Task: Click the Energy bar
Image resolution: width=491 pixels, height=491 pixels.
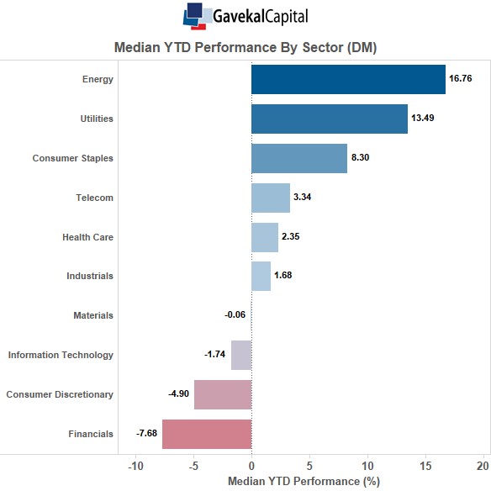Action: (x=349, y=80)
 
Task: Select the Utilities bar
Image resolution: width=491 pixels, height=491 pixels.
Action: (x=330, y=119)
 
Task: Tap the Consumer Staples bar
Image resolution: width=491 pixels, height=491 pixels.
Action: (x=299, y=158)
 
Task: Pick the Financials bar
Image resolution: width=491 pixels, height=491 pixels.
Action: (x=207, y=434)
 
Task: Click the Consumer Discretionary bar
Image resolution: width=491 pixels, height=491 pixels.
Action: (x=223, y=394)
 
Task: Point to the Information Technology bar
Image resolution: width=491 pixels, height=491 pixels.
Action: (x=241, y=355)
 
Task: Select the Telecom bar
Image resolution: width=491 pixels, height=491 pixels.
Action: (x=271, y=198)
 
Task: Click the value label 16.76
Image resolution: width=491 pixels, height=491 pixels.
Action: (x=461, y=78)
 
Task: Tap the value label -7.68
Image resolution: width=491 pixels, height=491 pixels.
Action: (x=146, y=433)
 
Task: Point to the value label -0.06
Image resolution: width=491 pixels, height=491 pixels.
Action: (x=235, y=314)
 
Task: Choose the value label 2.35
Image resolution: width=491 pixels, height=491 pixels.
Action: (x=291, y=236)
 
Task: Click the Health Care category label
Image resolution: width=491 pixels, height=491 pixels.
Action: (x=87, y=237)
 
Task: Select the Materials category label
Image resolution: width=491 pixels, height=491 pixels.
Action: (x=93, y=315)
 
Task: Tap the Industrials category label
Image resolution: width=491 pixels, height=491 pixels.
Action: (x=90, y=276)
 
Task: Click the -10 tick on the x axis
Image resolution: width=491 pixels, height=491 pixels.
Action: (x=136, y=467)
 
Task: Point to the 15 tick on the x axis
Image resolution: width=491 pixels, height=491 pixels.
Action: (x=426, y=467)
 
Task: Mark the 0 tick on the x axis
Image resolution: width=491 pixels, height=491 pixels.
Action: (x=251, y=467)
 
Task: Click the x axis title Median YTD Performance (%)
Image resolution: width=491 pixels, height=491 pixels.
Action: (x=304, y=481)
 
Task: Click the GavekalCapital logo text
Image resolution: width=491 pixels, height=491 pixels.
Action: (x=261, y=16)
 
